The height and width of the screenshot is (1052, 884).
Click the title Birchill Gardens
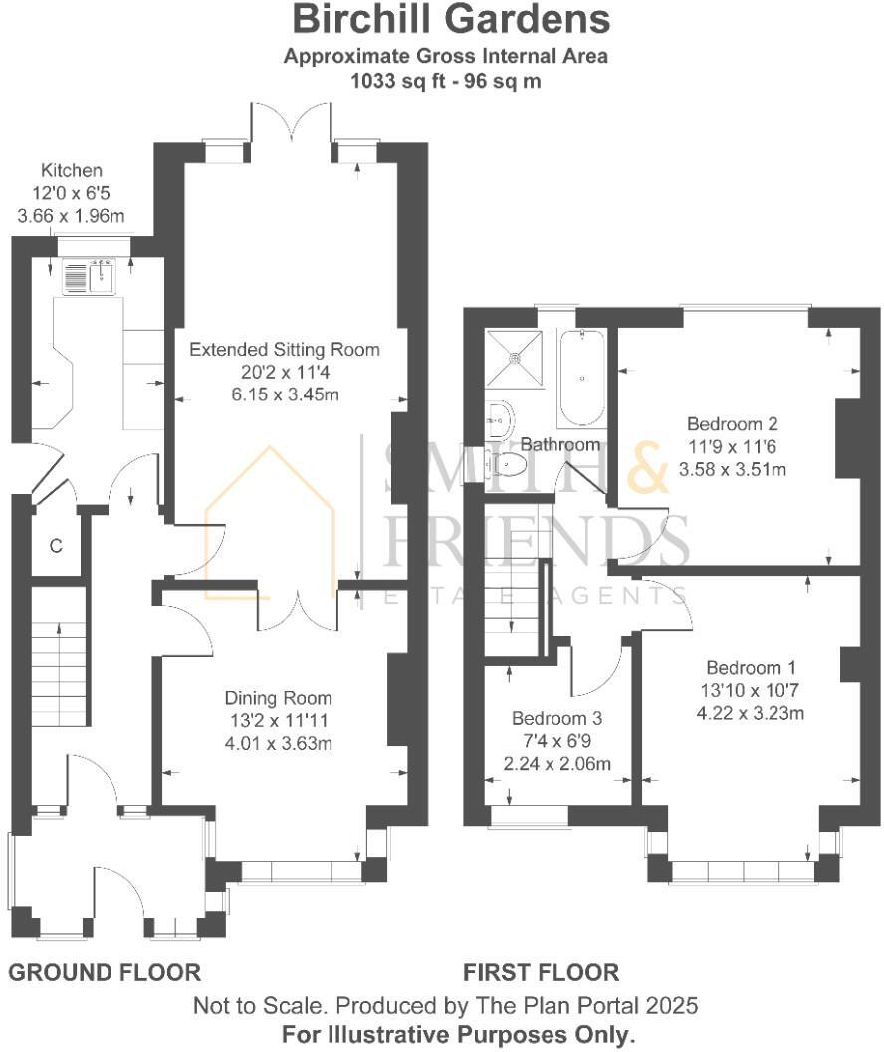pos(451,19)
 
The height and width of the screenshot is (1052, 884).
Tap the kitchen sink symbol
pos(90,276)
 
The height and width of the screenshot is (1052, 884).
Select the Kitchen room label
pos(71,171)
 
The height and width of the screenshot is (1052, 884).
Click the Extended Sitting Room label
pos(285,350)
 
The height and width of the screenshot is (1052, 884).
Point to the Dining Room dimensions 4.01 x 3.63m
pos(278,741)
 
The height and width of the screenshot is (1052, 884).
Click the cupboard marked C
pos(56,545)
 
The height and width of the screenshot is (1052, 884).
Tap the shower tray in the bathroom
pos(515,357)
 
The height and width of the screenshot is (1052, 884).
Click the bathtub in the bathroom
pos(580,378)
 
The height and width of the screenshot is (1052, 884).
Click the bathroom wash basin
pos(500,420)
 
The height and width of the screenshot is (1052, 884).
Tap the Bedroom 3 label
pos(556,718)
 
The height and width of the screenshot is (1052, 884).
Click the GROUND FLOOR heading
pos(105,972)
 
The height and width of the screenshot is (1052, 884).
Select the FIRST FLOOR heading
pos(541,972)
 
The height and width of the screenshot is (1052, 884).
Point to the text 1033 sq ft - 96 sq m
pos(445,81)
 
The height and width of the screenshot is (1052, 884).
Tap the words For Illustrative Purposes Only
pos(458,1034)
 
